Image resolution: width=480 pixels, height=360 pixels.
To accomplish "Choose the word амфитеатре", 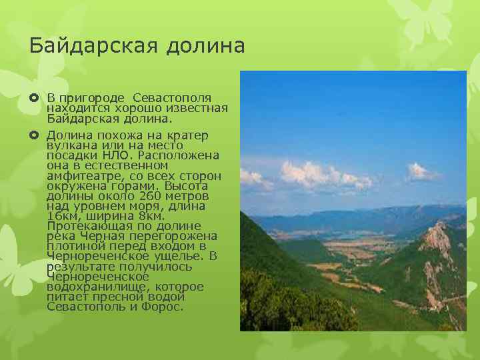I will [x=79, y=175].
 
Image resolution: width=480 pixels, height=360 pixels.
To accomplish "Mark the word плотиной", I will [x=73, y=246].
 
